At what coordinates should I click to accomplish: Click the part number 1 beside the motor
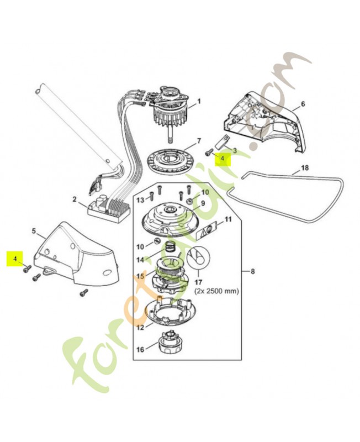[x=199, y=101]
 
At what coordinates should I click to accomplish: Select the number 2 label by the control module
[x=75, y=199]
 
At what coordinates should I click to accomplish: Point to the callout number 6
[x=303, y=104]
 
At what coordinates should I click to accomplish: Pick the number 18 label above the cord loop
[x=304, y=167]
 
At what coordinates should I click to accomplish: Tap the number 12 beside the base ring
[x=140, y=327]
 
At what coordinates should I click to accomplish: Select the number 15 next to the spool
[x=140, y=276]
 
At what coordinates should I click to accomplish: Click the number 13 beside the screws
[x=140, y=199]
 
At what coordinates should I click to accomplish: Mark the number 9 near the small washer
[x=203, y=203]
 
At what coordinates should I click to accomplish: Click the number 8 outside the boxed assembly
[x=253, y=271]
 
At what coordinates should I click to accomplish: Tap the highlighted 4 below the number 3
[x=223, y=158]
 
